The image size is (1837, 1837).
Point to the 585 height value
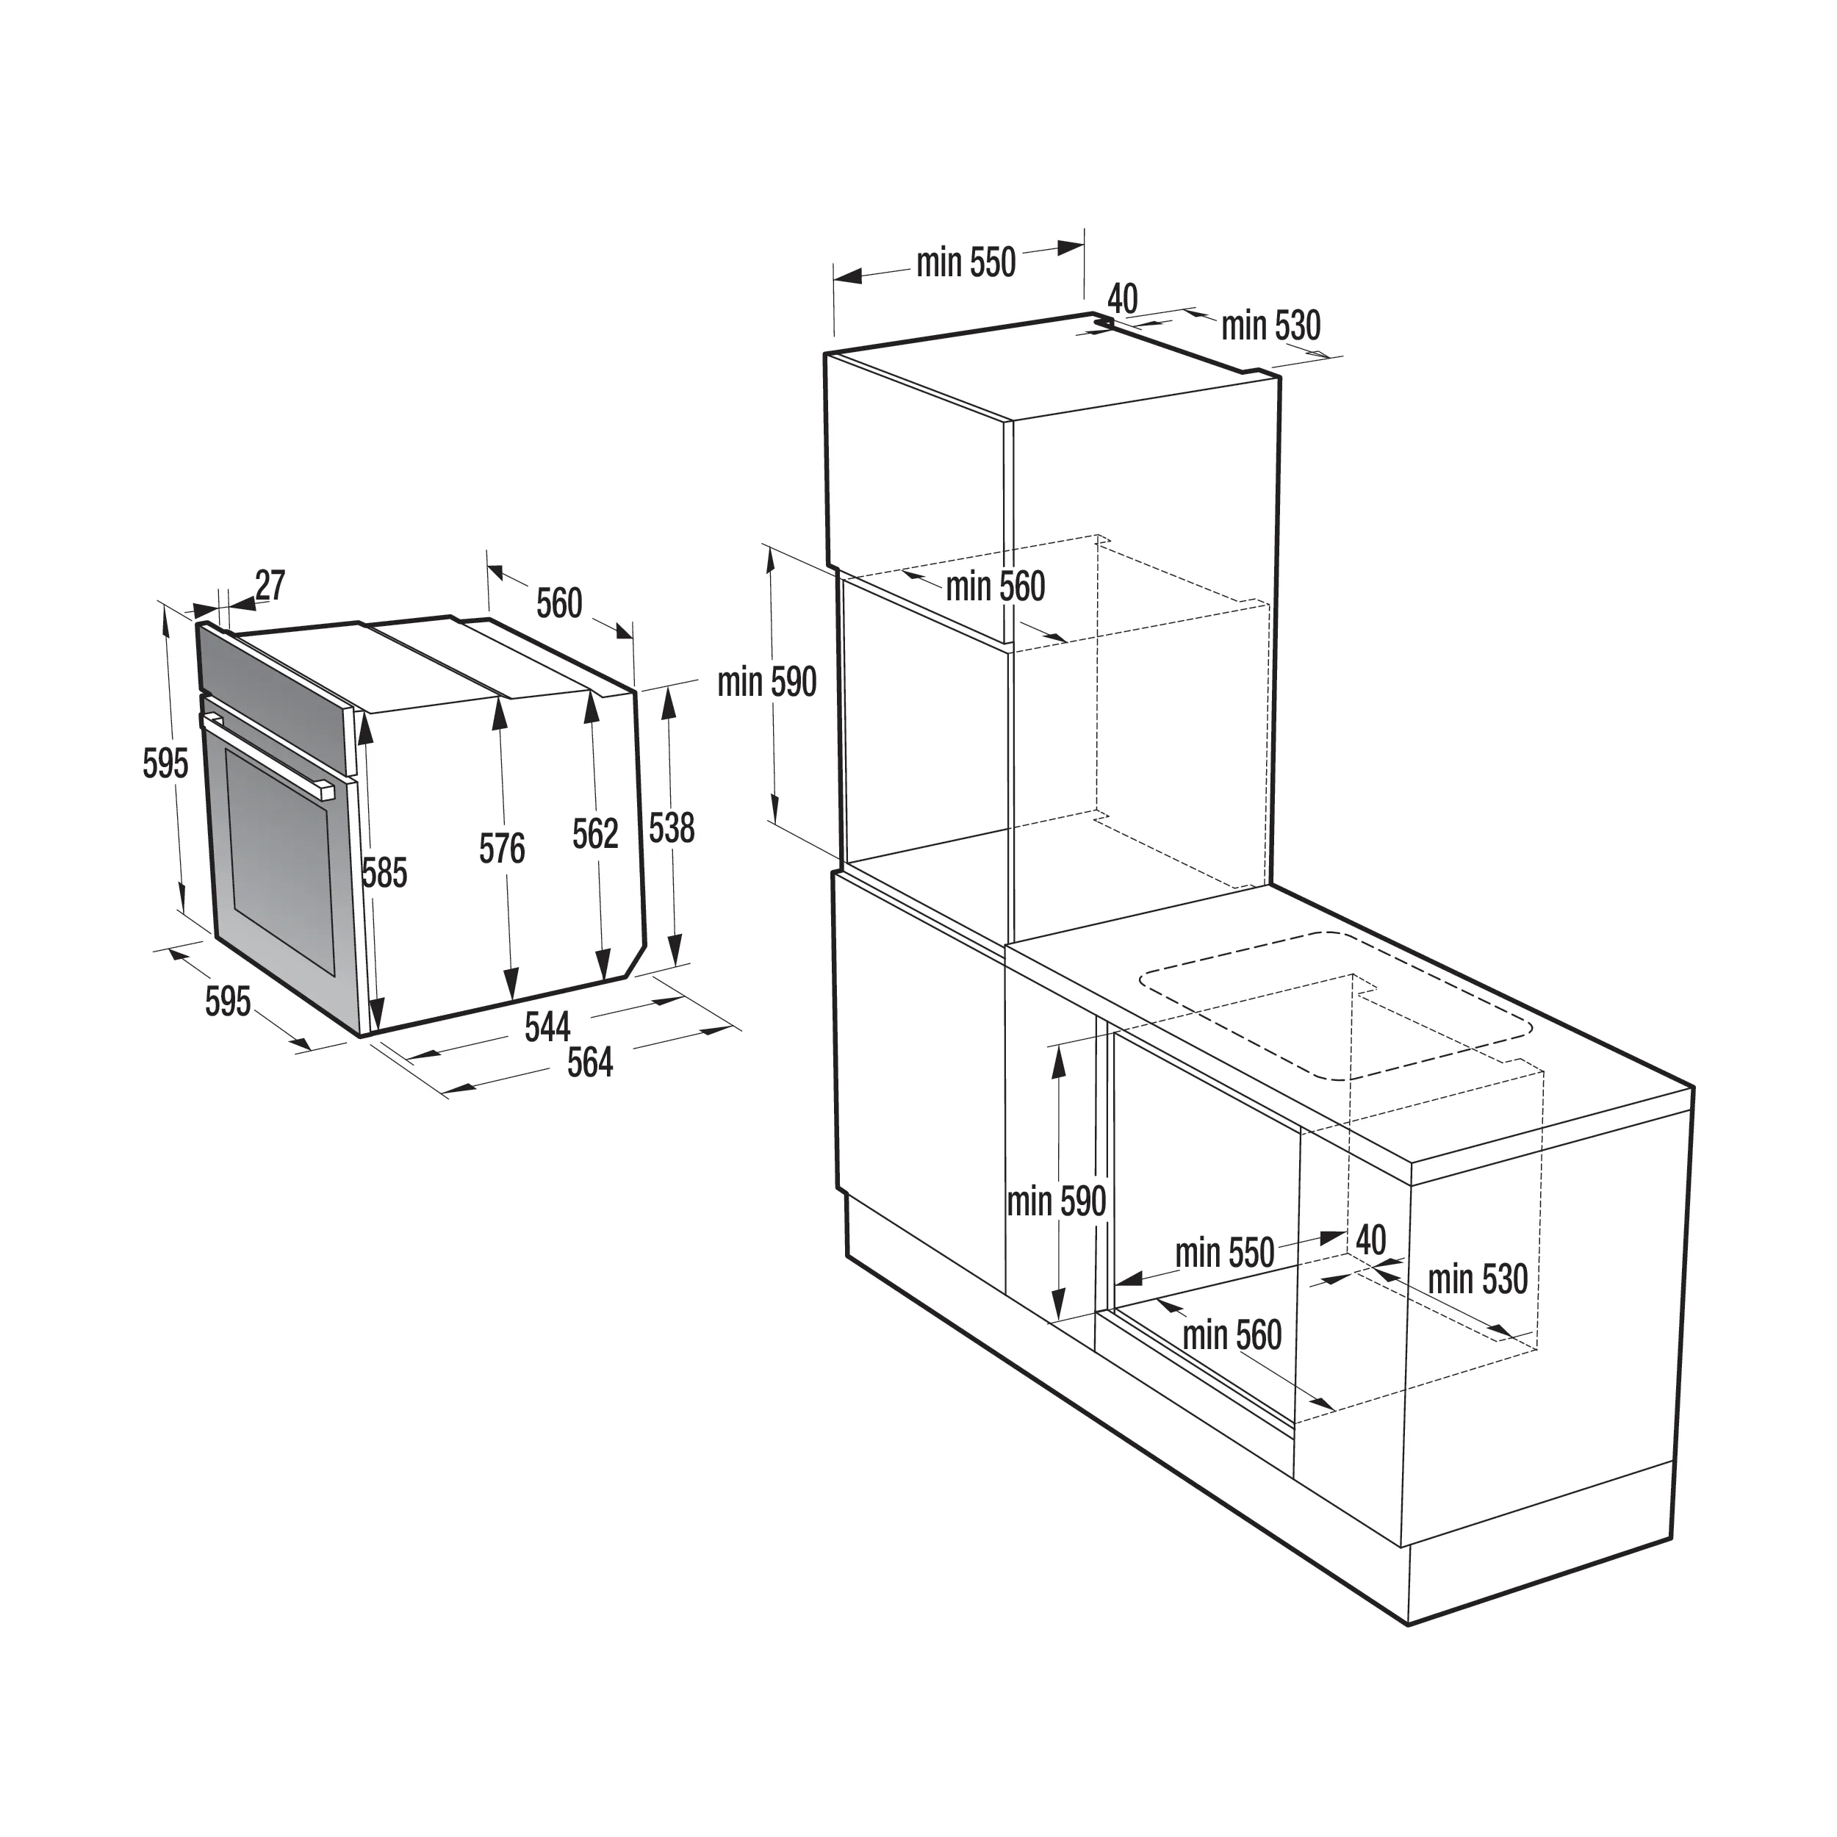(x=384, y=873)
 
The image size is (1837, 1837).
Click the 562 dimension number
(x=595, y=834)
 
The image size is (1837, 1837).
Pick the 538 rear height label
(x=672, y=828)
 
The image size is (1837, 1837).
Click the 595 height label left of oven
(x=165, y=763)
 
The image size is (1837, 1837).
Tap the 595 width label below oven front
(x=229, y=1002)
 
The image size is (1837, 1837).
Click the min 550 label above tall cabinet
(x=966, y=262)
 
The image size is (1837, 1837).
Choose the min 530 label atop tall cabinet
(x=1271, y=326)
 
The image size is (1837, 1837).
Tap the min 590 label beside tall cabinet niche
(x=767, y=683)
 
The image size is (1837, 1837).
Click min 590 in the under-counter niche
(x=1057, y=1202)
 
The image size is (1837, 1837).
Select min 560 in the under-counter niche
(x=1232, y=1336)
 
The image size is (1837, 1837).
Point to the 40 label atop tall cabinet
(x=1123, y=298)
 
